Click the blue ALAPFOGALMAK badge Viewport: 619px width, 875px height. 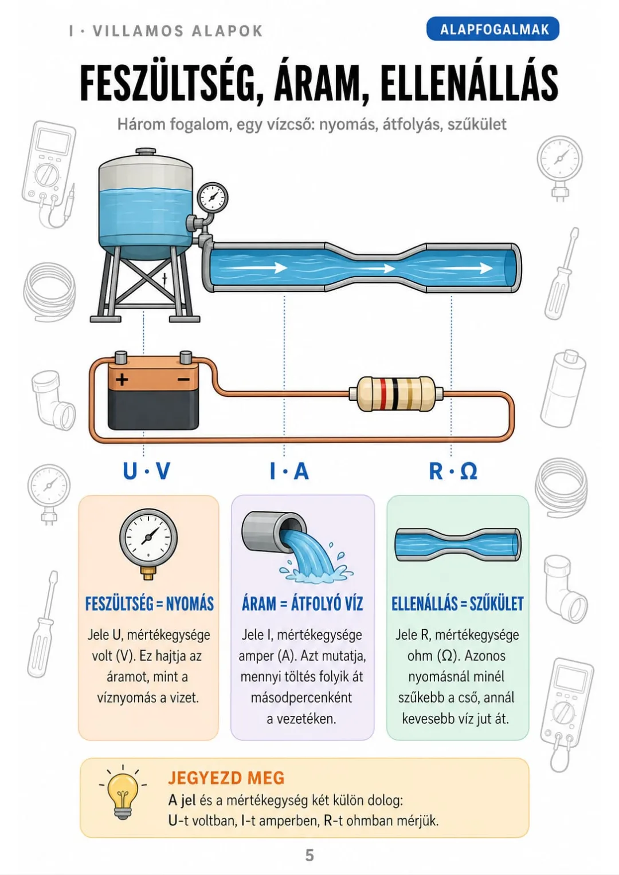[x=492, y=29]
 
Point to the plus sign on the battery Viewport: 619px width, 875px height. [x=122, y=379]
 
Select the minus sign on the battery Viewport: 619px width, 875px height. [x=183, y=379]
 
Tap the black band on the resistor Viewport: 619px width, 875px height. [x=395, y=393]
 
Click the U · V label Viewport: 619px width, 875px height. [x=147, y=471]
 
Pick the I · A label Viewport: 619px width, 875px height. [x=290, y=471]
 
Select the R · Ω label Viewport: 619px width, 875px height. [x=453, y=471]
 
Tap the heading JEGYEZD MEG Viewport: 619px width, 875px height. [x=226, y=778]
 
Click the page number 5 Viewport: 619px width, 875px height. [x=309, y=855]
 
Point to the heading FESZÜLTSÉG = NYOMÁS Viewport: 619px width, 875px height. [x=150, y=604]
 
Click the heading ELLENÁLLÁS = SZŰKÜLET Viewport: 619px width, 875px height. [x=457, y=604]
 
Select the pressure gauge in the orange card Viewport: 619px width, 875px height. [x=148, y=543]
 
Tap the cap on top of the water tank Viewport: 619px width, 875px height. [x=146, y=152]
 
